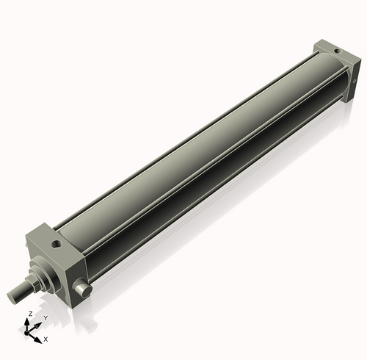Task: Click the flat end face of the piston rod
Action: coord(12,297)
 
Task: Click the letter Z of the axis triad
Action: coord(29,314)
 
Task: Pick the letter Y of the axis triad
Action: coord(46,317)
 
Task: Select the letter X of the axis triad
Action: coord(46,339)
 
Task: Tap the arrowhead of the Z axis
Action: coord(29,321)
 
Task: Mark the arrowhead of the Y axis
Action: coord(39,323)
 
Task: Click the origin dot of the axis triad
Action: coord(30,333)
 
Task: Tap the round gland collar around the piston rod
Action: coord(41,276)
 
